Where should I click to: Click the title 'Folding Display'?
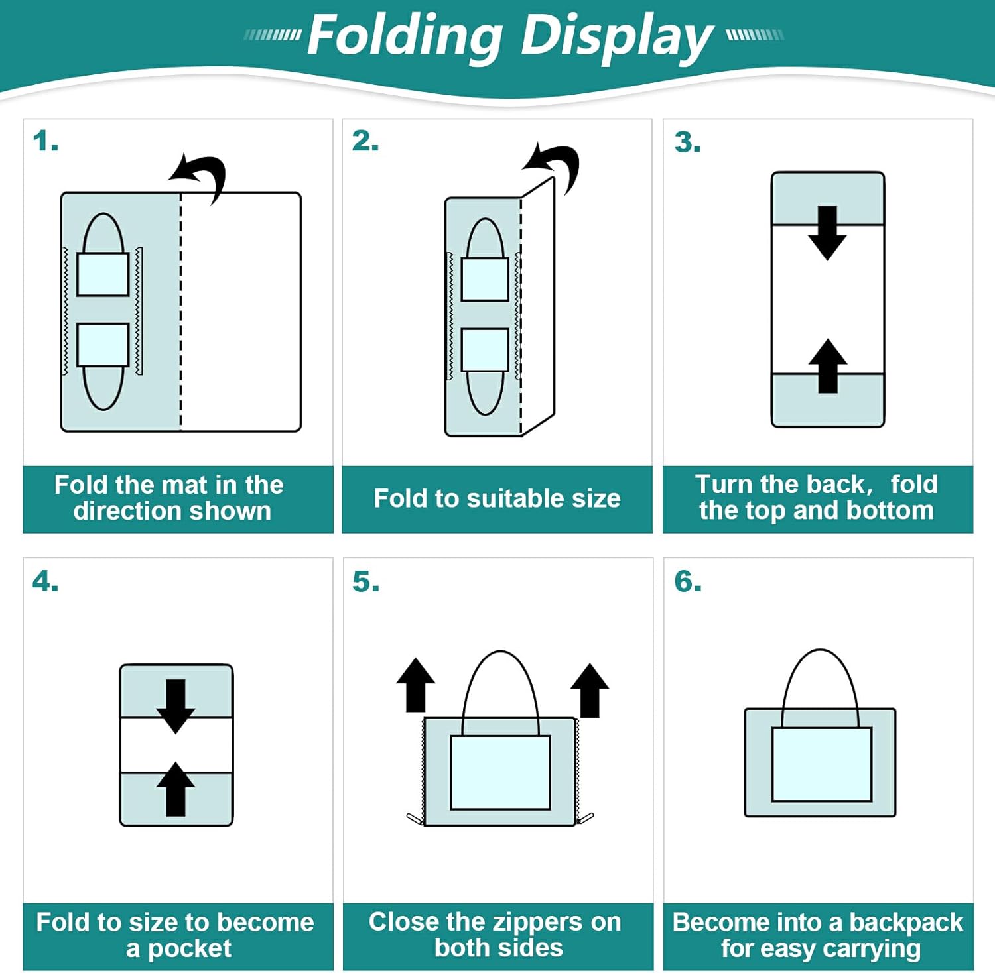click(509, 36)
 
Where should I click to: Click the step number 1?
click(45, 141)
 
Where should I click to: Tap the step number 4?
click(45, 581)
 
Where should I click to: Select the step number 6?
click(688, 581)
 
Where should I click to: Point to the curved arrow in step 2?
click(555, 166)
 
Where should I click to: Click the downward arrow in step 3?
click(827, 233)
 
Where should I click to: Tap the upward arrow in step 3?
click(827, 366)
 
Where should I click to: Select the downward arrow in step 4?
click(176, 705)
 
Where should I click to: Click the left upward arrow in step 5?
click(415, 685)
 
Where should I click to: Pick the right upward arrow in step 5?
click(590, 690)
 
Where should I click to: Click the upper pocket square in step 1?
click(103, 274)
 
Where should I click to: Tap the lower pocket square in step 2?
click(485, 349)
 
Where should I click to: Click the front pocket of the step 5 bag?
click(500, 772)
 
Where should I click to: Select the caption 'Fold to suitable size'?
click(497, 498)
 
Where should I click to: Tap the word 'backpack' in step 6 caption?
click(905, 923)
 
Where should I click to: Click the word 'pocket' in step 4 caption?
click(189, 948)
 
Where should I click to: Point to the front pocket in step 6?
click(821, 764)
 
